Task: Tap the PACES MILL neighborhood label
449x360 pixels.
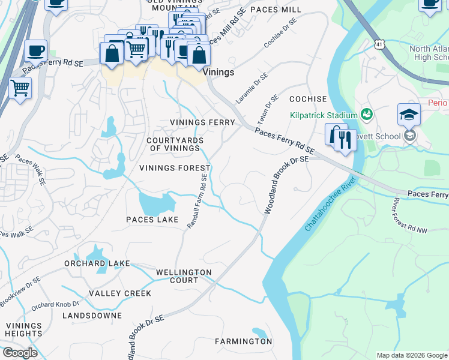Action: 276,10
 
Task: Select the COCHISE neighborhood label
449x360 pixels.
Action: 308,99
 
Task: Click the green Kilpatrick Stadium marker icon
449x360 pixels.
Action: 367,113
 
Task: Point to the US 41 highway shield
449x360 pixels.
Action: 379,44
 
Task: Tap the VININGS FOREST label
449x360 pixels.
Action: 175,168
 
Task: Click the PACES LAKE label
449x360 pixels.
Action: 152,220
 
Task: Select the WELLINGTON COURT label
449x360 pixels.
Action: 184,276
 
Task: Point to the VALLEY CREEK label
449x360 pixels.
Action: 120,293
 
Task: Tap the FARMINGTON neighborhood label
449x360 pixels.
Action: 243,341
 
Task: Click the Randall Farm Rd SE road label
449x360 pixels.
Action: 197,201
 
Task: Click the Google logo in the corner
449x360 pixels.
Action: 20,353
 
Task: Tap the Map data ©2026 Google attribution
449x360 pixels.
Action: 411,355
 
